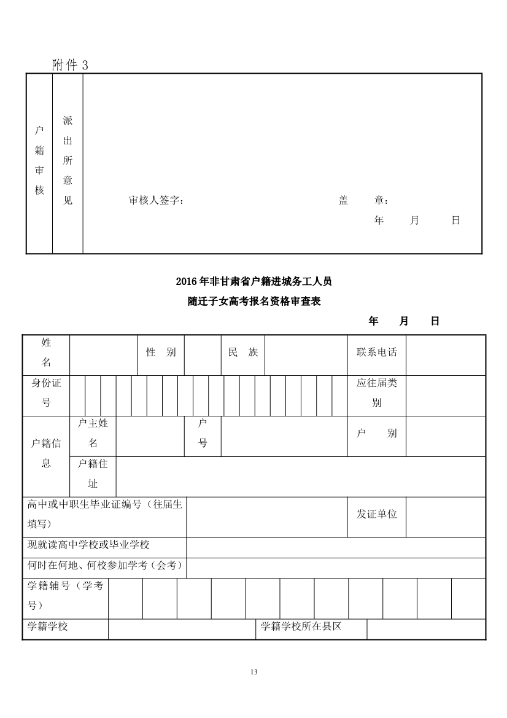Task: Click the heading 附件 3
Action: tap(71, 65)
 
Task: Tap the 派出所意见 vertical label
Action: tap(68, 161)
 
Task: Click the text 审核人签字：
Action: tap(157, 201)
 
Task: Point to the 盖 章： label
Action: tap(363, 201)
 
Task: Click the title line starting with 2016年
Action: tap(253, 282)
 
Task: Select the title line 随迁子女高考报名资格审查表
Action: tap(253, 302)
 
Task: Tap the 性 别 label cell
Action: tap(161, 353)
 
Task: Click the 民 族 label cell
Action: tap(243, 353)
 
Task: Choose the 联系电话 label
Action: tap(377, 353)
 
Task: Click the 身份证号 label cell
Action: tap(47, 393)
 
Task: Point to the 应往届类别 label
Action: tap(377, 393)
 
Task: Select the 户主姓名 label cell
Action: tap(93, 434)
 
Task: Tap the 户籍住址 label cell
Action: tap(93, 474)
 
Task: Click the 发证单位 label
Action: tap(377, 514)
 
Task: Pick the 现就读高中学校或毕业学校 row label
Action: tap(89, 545)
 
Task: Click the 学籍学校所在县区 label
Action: tap(301, 626)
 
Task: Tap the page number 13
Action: tap(254, 671)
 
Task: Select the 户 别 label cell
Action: tap(377, 434)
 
